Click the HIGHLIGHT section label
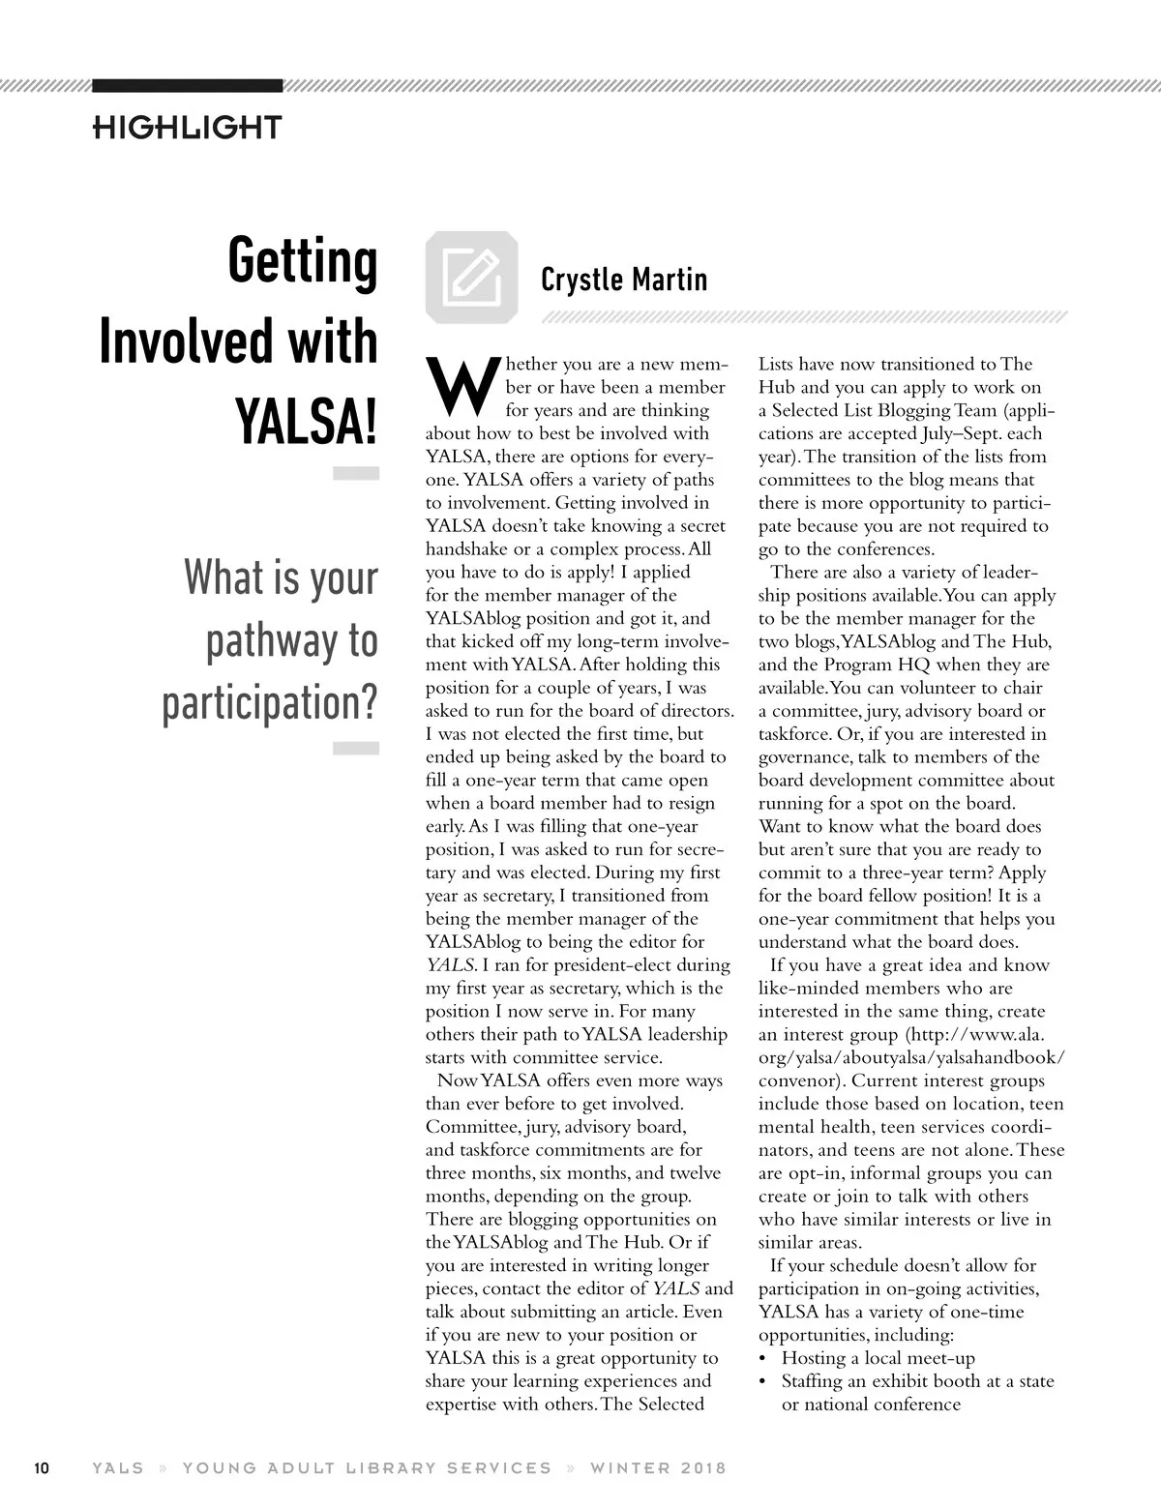(x=187, y=127)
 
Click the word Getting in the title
(x=302, y=261)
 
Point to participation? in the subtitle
(x=269, y=704)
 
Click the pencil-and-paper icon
(x=471, y=277)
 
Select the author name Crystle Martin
(x=624, y=280)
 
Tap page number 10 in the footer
(x=42, y=1468)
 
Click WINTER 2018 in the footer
(x=658, y=1468)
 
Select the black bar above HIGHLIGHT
(x=188, y=85)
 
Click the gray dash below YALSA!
(x=355, y=474)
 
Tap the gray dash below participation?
(x=355, y=748)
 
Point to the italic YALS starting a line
(x=451, y=965)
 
